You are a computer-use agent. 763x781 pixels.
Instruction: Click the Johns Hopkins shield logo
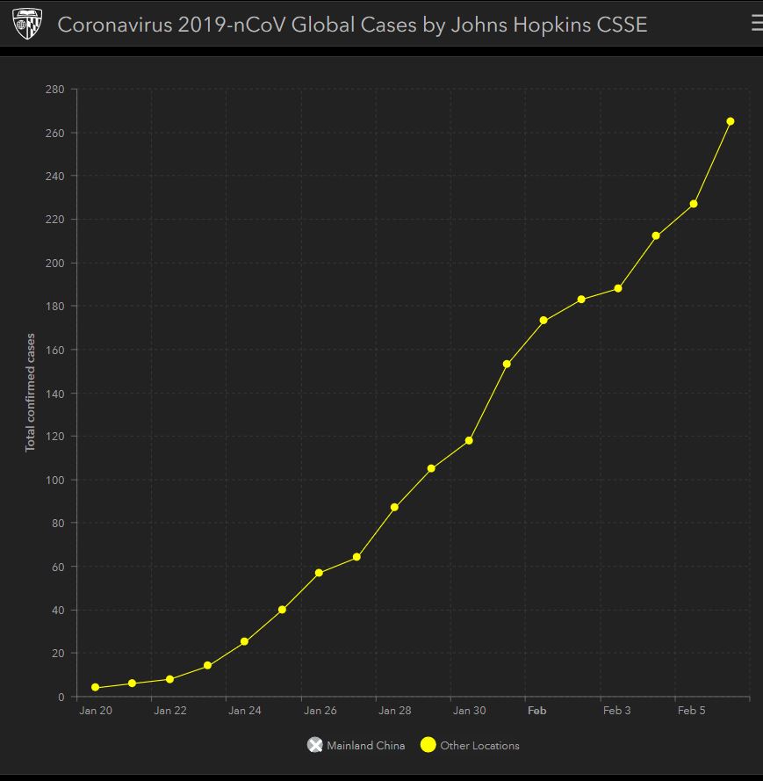pyautogui.click(x=26, y=25)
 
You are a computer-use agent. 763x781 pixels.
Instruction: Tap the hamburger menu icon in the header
pyautogui.click(x=756, y=24)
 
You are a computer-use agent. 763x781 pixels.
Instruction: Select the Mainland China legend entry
pyautogui.click(x=356, y=745)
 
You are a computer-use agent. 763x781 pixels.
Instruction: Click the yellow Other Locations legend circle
pyautogui.click(x=428, y=745)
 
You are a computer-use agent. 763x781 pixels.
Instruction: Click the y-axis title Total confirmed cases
pyautogui.click(x=31, y=392)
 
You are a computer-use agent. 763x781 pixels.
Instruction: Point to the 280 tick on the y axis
pyautogui.click(x=54, y=90)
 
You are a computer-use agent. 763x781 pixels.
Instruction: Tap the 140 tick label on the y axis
pyautogui.click(x=54, y=393)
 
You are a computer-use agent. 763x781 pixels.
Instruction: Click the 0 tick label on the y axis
pyautogui.click(x=61, y=697)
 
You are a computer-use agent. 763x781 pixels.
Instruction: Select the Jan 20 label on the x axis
pyautogui.click(x=95, y=711)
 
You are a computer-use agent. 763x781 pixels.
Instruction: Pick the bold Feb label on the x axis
pyautogui.click(x=536, y=711)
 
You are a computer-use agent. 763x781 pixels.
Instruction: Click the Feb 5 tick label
pyautogui.click(x=691, y=711)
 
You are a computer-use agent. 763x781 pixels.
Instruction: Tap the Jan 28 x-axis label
pyautogui.click(x=394, y=711)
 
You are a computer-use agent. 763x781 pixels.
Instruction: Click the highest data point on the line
pyautogui.click(x=730, y=121)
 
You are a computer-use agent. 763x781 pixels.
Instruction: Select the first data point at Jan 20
pyautogui.click(x=95, y=688)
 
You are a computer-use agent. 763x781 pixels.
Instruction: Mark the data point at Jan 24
pyautogui.click(x=244, y=642)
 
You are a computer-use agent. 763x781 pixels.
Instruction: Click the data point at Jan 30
pyautogui.click(x=469, y=440)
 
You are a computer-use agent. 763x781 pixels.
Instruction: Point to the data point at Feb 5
pyautogui.click(x=694, y=204)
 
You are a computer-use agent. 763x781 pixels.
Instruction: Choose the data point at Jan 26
pyautogui.click(x=319, y=573)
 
